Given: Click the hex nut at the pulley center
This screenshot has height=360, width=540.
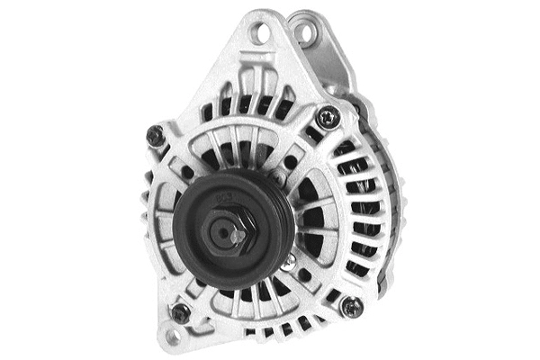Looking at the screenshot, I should point(231,233).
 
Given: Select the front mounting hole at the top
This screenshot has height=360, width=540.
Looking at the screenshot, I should point(261,34).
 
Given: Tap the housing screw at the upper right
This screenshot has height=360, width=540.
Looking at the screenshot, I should point(328,116).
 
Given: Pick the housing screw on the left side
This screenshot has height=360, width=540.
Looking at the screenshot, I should point(154,135).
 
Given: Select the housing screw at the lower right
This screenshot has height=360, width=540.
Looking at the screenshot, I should point(351,306).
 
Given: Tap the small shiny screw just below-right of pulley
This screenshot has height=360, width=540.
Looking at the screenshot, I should point(289,261).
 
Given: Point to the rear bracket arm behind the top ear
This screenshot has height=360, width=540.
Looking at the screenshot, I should point(333,63).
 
